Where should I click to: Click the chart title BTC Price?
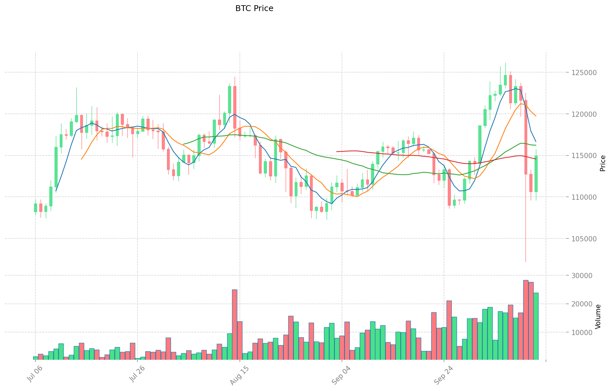coord(254,8)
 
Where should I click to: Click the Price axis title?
coord(603,163)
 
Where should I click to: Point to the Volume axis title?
coord(598,317)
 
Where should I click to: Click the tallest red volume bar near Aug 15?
coord(235,325)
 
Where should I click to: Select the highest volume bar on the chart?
coord(526,320)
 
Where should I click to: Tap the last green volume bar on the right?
coord(536,326)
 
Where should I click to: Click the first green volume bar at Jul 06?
coord(35,358)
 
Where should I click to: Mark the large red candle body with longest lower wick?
coord(526,137)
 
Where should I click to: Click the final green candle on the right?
coord(536,174)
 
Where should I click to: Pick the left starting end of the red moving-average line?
coord(337,152)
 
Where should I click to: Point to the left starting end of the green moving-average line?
coord(184,144)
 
